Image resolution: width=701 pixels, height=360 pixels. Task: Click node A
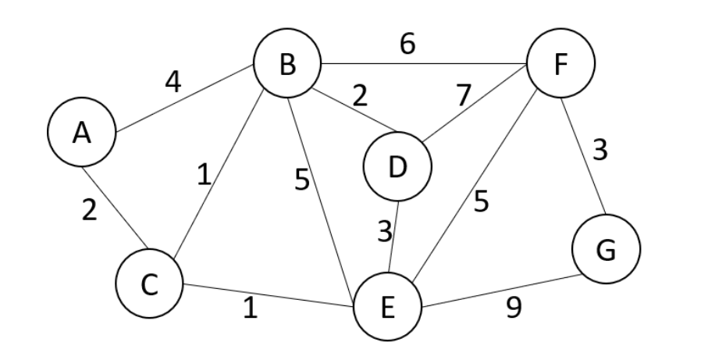(x=81, y=134)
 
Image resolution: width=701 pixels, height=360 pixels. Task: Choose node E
(x=387, y=307)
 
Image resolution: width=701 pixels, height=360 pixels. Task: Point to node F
(x=560, y=65)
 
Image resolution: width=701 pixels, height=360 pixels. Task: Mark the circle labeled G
(x=606, y=250)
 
